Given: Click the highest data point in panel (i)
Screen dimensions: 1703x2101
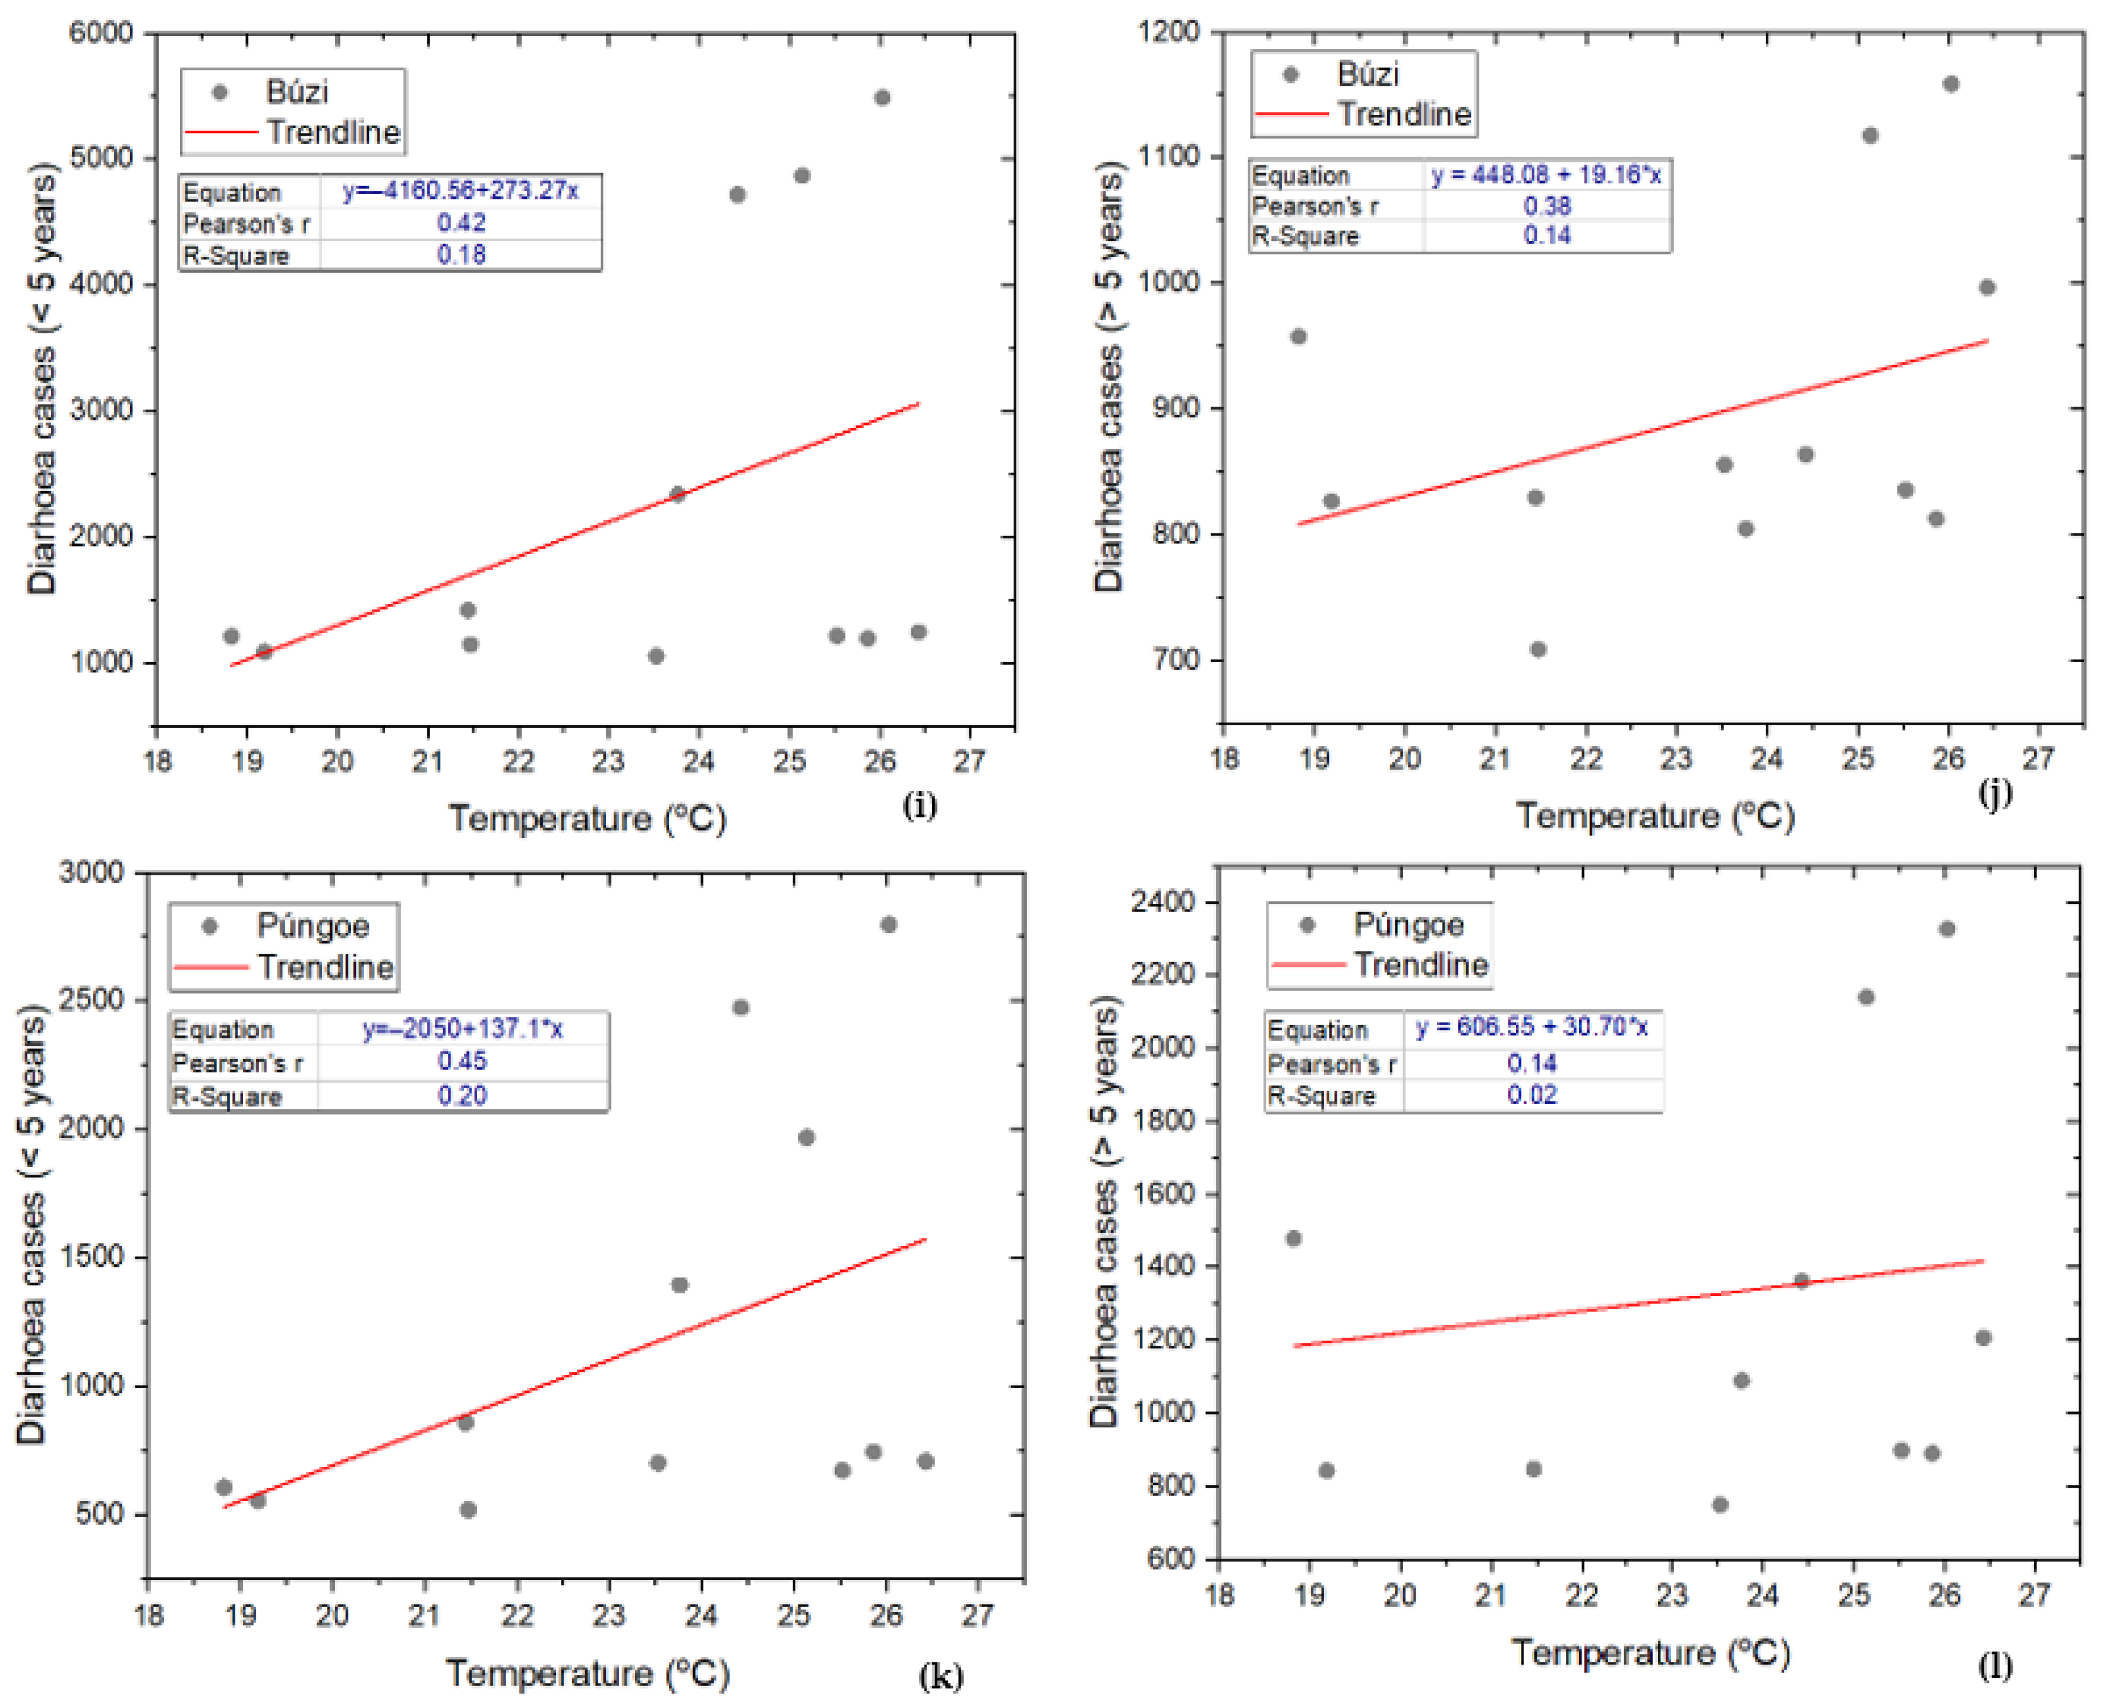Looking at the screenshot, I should point(882,97).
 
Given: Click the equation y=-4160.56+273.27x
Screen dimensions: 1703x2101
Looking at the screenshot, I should point(460,191).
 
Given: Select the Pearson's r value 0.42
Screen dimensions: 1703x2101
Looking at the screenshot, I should point(461,223).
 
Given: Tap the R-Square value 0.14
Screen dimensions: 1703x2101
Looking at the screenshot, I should point(1547,235).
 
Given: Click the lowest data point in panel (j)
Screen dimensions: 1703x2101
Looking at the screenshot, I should point(1538,650).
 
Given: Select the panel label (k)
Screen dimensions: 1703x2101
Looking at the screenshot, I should point(940,1675).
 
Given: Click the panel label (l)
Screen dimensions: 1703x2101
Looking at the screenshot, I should point(1995,1664).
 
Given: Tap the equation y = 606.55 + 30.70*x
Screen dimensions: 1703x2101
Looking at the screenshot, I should point(1532,1027).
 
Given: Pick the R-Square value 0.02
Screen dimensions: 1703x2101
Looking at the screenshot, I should point(1532,1095).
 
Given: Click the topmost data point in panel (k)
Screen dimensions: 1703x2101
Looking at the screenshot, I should point(889,924).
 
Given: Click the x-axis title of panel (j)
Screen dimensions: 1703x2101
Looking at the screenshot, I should point(1655,815).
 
